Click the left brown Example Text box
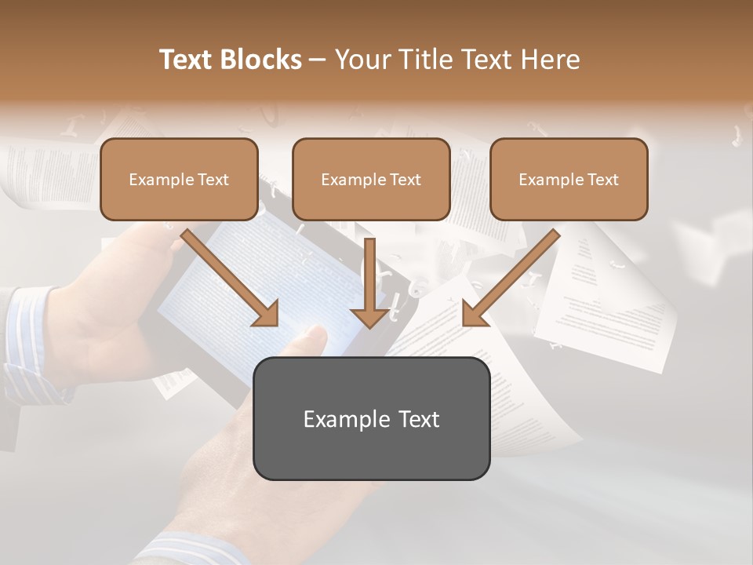tap(179, 179)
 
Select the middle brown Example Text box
tap(371, 179)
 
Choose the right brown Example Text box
tap(569, 179)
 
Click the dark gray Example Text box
tap(371, 418)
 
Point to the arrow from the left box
tap(232, 279)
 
